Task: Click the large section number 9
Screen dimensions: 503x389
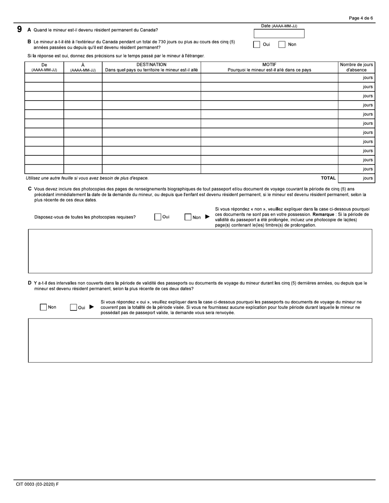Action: pos(19,29)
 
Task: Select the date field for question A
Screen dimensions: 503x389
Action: pos(279,34)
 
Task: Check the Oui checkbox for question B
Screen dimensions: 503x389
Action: pos(257,45)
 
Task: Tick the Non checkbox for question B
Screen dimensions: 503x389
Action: pos(282,45)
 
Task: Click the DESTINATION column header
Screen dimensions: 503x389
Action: pos(151,67)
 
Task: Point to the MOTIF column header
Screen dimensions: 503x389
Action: pos(269,67)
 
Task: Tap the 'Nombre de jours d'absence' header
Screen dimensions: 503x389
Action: pos(356,67)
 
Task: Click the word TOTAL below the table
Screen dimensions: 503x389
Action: pos(328,178)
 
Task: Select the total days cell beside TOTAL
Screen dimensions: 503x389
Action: pos(356,178)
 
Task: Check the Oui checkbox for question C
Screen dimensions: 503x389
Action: pos(158,217)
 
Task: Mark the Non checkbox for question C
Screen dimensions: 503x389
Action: pos(188,217)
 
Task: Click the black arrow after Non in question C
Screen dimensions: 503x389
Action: pos(207,217)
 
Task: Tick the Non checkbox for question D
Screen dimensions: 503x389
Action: pos(43,307)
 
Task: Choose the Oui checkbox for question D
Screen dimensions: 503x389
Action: pos(73,307)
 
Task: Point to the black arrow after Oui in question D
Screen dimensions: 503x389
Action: pos(92,307)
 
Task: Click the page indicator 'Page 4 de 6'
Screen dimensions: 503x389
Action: pos(361,18)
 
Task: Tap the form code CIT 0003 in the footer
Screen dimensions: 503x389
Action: pos(37,484)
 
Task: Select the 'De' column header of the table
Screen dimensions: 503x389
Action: pos(44,67)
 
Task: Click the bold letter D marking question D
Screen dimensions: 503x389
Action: pos(29,283)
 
